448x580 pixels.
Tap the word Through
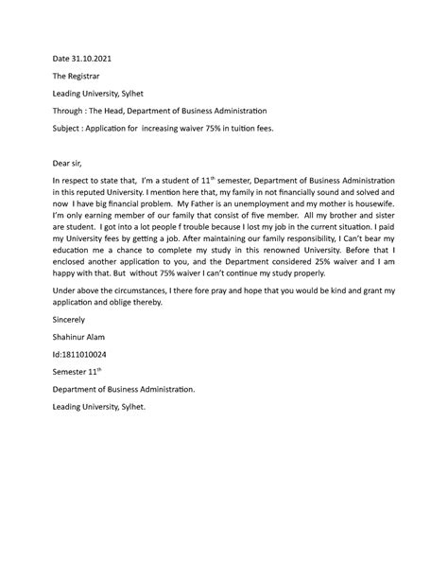pos(70,110)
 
